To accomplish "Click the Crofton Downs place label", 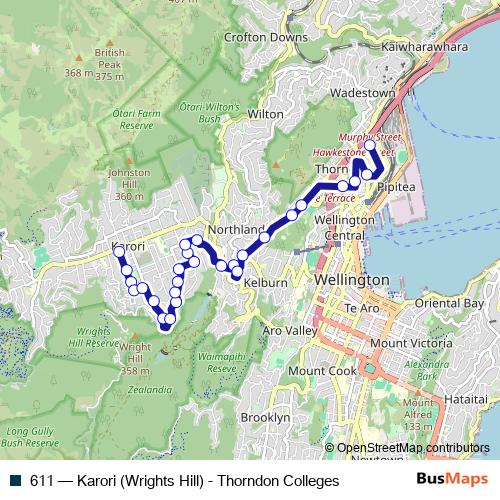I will click(x=266, y=38).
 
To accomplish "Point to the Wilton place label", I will click(x=266, y=115).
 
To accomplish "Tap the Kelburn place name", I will click(x=265, y=283).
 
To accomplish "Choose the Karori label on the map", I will click(x=129, y=246).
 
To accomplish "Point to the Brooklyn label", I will click(x=265, y=417).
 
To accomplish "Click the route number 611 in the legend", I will click(x=41, y=481).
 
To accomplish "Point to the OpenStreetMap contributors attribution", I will click(x=413, y=448).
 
